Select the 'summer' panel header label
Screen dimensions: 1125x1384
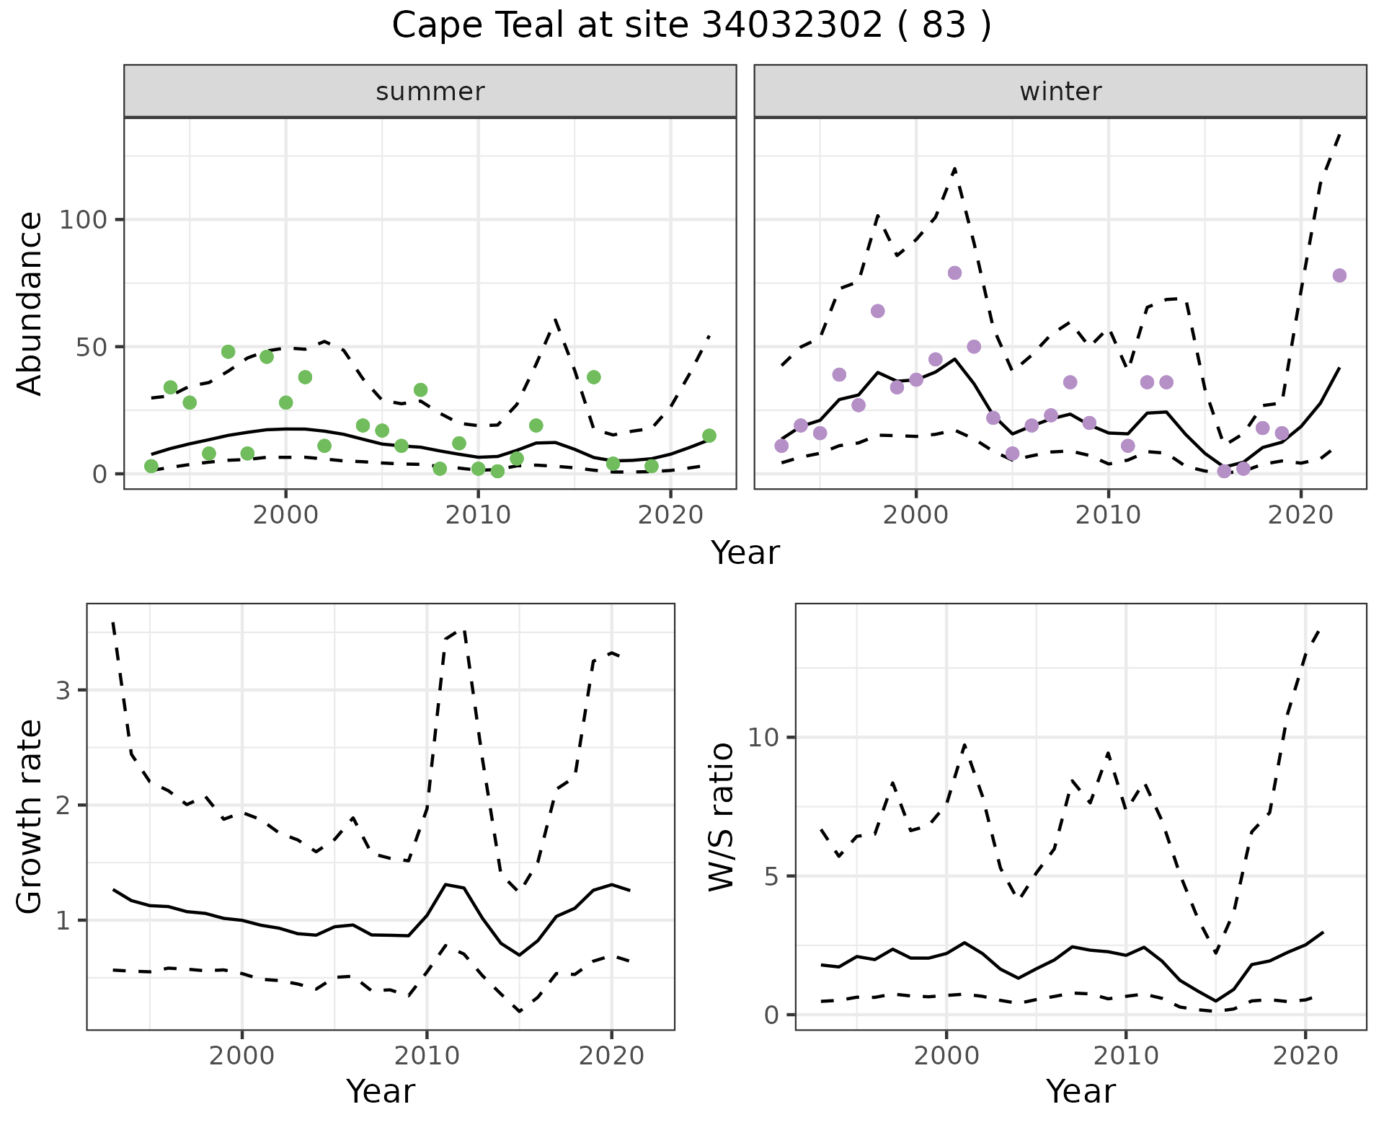click(x=430, y=92)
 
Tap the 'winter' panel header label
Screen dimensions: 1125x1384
click(x=1060, y=92)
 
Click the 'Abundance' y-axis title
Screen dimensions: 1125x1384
click(x=30, y=304)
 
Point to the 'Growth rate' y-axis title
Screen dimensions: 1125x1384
click(x=30, y=817)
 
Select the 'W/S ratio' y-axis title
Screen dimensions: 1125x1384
click(x=722, y=817)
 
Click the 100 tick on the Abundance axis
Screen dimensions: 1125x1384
click(x=84, y=219)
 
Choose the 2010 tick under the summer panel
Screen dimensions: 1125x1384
click(x=478, y=515)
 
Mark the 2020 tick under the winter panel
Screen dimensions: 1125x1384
click(x=1301, y=515)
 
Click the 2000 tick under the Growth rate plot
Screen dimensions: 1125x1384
click(x=242, y=1056)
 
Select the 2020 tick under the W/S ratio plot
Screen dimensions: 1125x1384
click(x=1305, y=1056)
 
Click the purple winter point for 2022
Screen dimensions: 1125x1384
click(x=1339, y=275)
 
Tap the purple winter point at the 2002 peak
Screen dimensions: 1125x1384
click(x=954, y=273)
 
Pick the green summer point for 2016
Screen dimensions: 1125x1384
click(x=594, y=377)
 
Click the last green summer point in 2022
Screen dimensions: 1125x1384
click(x=709, y=436)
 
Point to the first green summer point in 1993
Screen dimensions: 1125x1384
click(x=151, y=467)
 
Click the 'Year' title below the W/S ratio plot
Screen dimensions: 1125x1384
click(x=1081, y=1092)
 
